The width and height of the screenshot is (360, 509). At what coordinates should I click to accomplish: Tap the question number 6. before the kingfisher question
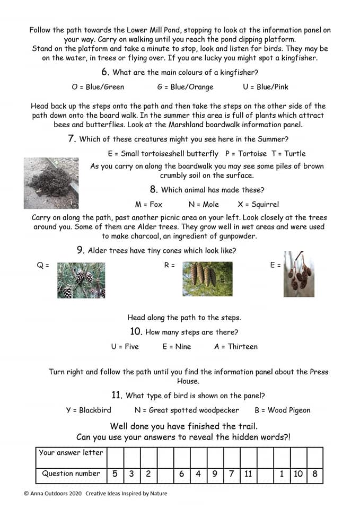(105, 72)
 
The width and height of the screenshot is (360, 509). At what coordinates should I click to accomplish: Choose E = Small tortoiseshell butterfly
(163, 153)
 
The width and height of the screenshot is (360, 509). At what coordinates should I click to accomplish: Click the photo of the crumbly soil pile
(51, 183)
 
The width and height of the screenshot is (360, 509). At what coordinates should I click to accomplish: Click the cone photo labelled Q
(81, 279)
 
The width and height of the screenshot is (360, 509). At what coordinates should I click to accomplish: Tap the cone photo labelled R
(207, 278)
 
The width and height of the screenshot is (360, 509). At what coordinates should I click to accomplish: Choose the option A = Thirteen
(236, 346)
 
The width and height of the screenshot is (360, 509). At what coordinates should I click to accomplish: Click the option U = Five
(125, 346)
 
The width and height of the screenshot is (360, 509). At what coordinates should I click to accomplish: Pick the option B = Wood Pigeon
(283, 410)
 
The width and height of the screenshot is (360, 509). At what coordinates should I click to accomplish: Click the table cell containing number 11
(248, 474)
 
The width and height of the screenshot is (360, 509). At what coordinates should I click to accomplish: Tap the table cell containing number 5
(115, 474)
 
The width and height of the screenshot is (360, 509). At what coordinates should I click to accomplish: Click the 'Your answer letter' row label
(71, 452)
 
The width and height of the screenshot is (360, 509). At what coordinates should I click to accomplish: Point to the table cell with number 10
(298, 474)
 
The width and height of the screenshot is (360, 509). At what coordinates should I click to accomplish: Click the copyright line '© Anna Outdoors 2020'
(53, 494)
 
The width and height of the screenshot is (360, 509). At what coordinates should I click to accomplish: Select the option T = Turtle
(288, 153)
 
